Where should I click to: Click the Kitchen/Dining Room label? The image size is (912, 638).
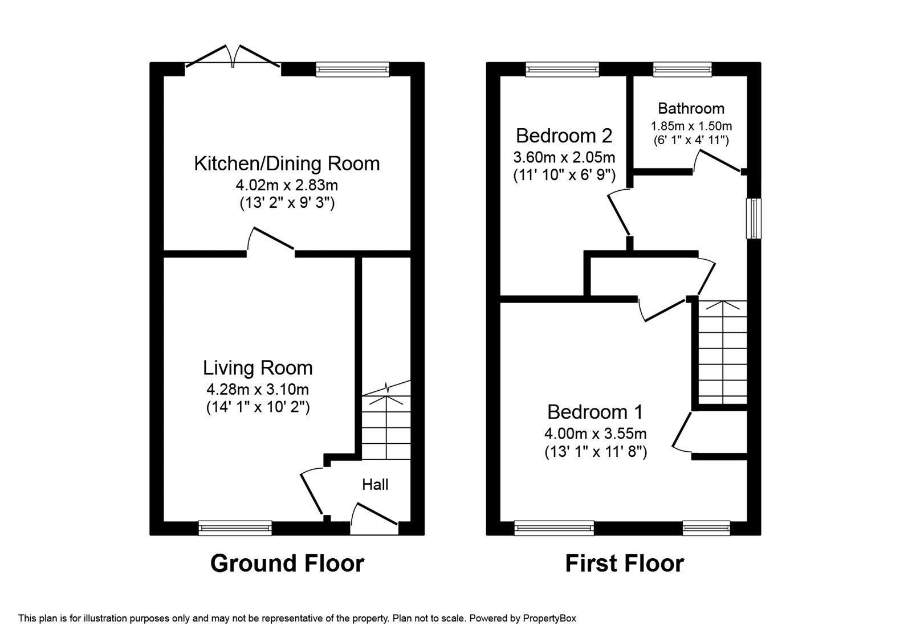(287, 163)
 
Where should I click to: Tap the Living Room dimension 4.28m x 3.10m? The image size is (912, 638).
(258, 390)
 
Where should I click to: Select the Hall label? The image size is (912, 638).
(375, 484)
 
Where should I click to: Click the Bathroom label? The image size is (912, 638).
(691, 108)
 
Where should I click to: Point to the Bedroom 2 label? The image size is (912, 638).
(564, 136)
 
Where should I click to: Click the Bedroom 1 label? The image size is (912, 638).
(595, 411)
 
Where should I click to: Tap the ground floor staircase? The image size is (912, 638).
(386, 424)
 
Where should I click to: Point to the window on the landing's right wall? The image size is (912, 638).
(754, 218)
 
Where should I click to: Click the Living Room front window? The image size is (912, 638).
(235, 528)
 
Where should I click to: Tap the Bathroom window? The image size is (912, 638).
(682, 69)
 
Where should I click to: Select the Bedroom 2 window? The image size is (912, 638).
(562, 69)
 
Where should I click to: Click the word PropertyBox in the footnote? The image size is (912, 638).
(549, 617)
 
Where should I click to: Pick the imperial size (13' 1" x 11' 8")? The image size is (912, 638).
(595, 452)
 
